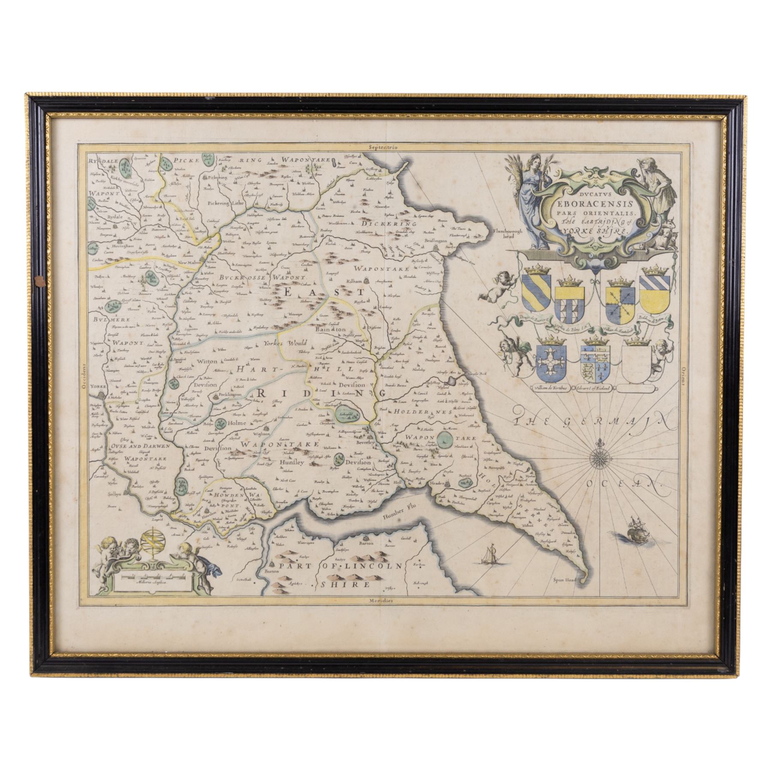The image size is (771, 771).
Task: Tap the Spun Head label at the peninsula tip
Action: (x=564, y=581)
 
